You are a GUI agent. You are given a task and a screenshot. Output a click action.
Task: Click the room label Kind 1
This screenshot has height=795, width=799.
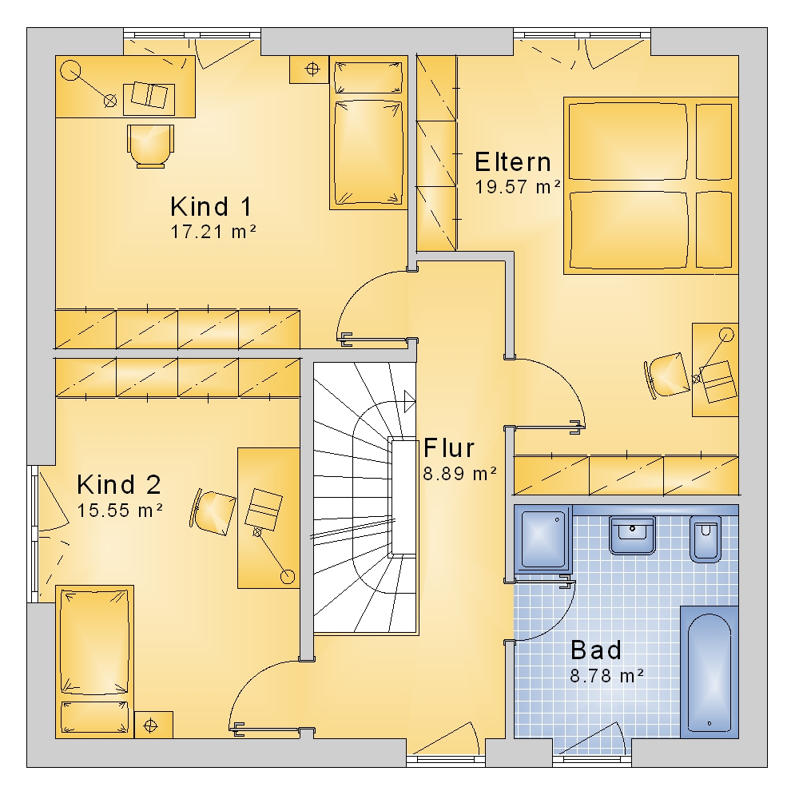(211, 206)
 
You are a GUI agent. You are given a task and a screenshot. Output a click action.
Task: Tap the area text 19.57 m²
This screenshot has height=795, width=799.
(518, 186)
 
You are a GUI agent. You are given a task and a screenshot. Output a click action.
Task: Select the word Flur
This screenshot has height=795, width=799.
(449, 448)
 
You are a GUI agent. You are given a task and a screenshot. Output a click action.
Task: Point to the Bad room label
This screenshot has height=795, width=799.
(596, 650)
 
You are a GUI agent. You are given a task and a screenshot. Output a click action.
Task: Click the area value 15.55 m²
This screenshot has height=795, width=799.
(120, 510)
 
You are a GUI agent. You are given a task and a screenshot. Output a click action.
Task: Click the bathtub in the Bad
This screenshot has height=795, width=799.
(709, 672)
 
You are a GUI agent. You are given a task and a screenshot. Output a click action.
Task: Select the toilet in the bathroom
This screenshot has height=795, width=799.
(706, 539)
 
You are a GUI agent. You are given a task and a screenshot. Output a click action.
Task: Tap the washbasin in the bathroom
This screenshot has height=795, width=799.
(632, 535)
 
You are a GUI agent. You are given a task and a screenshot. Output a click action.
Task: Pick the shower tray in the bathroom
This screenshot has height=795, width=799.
(543, 538)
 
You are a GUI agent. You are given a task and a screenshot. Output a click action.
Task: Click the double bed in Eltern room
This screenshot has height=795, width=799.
(650, 185)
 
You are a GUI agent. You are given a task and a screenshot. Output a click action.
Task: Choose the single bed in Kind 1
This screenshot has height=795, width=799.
(368, 133)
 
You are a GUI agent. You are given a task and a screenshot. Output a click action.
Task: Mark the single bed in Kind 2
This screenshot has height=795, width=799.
(94, 662)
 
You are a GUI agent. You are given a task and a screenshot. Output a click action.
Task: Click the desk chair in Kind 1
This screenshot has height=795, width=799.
(150, 145)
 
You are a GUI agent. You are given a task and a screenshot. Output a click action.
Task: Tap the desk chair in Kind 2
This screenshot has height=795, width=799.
(213, 512)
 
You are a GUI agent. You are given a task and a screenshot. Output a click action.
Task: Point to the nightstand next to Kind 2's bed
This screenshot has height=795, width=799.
(153, 725)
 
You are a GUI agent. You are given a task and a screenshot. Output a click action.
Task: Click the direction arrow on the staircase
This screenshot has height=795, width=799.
(409, 401)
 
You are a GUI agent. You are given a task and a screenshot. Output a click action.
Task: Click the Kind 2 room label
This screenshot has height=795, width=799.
(119, 484)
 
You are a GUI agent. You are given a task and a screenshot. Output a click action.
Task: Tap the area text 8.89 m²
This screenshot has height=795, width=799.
(459, 474)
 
